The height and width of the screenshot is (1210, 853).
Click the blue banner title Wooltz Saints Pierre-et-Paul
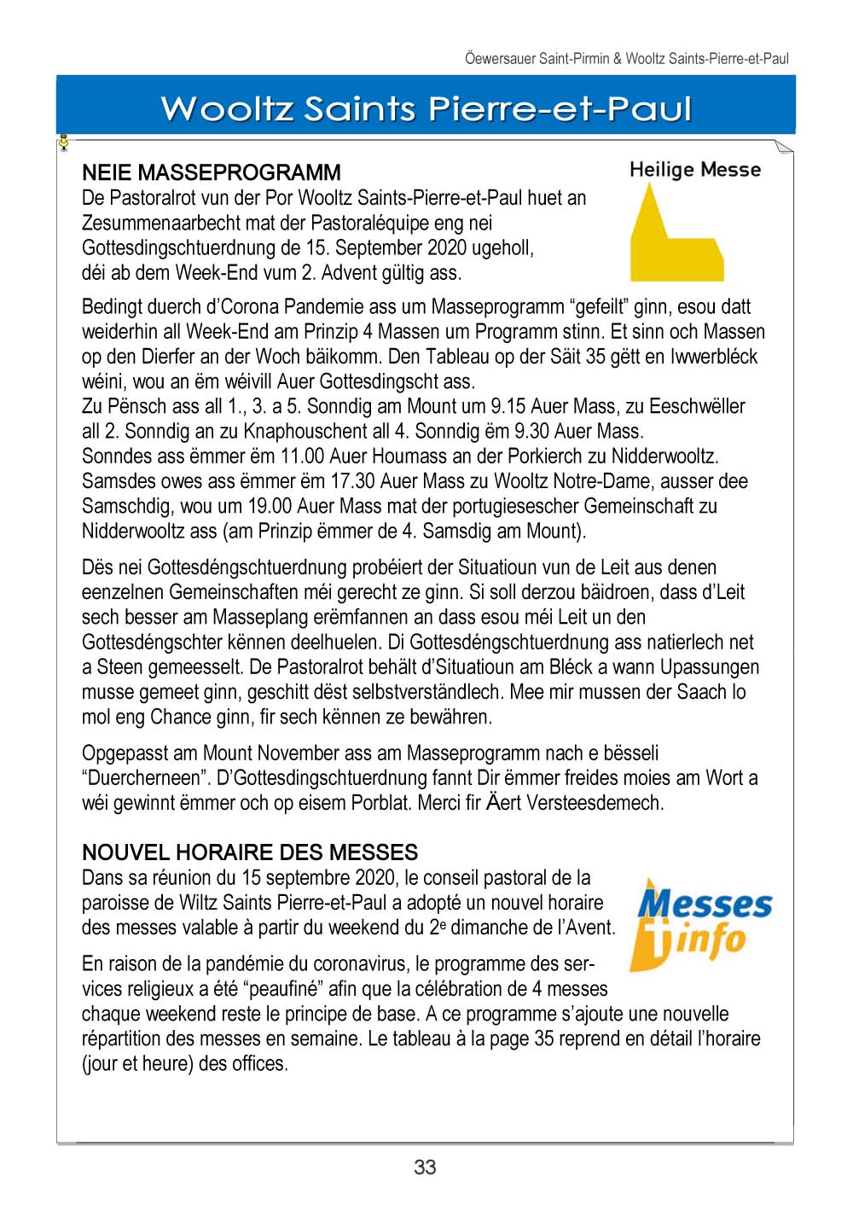(x=426, y=108)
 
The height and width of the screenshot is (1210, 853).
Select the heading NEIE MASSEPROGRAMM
(x=211, y=172)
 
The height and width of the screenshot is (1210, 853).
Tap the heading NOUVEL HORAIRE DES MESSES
(x=250, y=852)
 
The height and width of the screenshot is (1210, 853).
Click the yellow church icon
(x=674, y=235)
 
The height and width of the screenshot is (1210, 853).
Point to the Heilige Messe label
(x=694, y=169)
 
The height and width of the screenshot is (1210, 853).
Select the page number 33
(x=425, y=1166)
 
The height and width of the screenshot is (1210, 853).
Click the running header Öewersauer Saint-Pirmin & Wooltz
(x=626, y=59)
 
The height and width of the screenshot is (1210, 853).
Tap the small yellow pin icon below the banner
(x=63, y=143)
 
